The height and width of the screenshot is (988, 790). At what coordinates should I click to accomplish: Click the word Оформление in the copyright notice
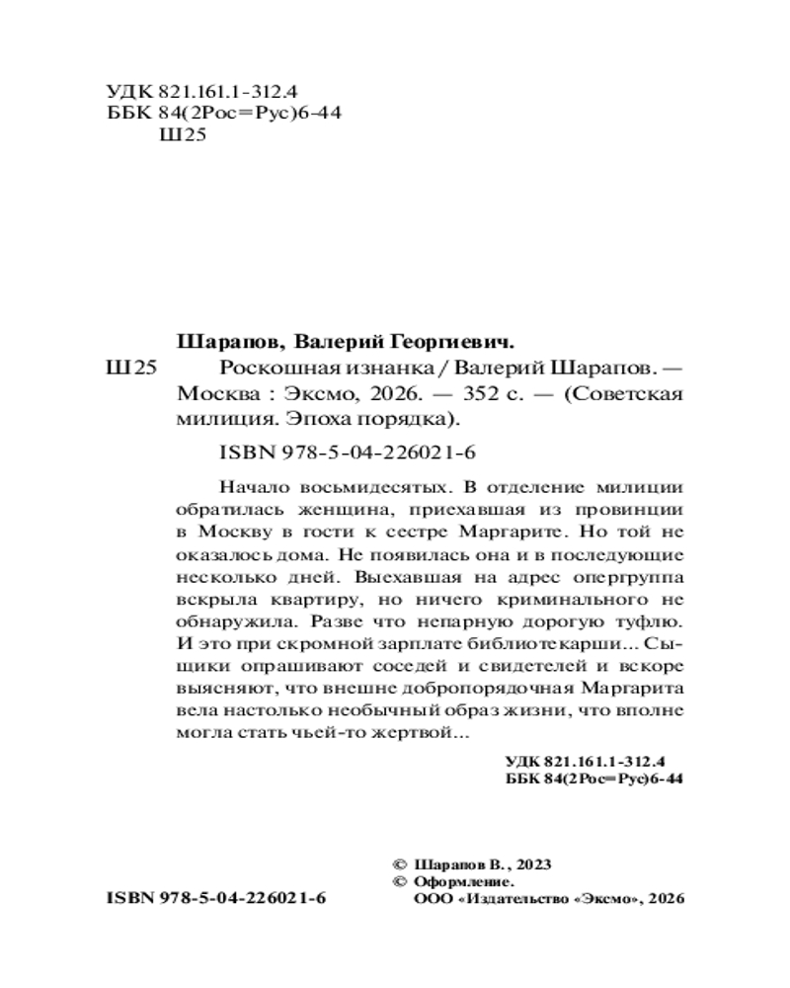(x=462, y=881)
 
